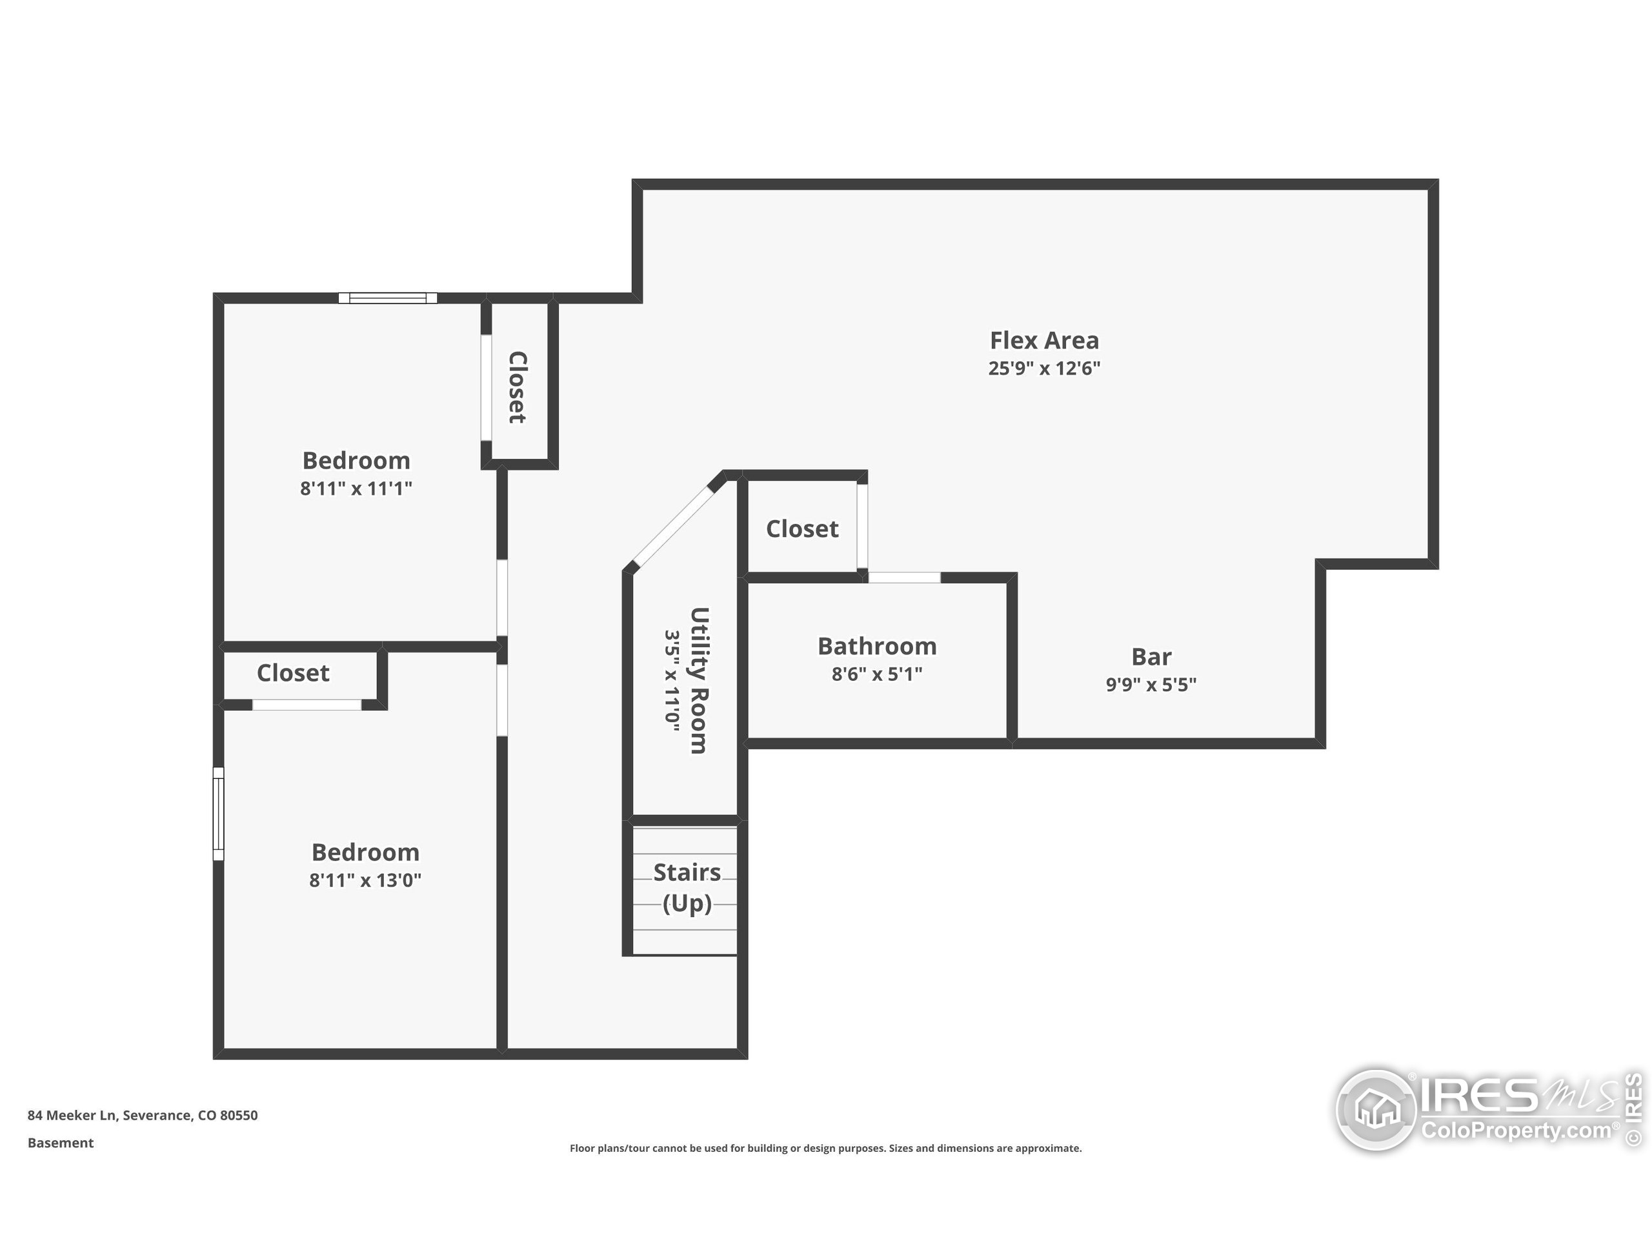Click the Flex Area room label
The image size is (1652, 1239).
[1044, 341]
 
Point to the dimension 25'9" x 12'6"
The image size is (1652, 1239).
[1044, 368]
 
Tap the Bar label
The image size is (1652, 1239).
[1151, 656]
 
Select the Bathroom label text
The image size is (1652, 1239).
[877, 646]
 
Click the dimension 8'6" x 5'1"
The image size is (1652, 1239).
[877, 674]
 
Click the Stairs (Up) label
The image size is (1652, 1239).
[687, 887]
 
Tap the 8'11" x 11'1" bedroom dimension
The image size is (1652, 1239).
[356, 489]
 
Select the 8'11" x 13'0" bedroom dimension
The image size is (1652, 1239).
[365, 880]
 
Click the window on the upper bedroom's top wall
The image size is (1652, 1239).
[388, 298]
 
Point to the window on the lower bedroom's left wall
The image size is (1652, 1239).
[219, 813]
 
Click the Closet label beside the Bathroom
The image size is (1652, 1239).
[802, 529]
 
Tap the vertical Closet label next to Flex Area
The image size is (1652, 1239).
[518, 387]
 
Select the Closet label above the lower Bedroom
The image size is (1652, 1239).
[293, 673]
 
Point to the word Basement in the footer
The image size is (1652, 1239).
[61, 1143]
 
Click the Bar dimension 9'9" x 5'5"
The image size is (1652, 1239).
[1151, 684]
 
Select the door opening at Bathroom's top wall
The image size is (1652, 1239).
[903, 578]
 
